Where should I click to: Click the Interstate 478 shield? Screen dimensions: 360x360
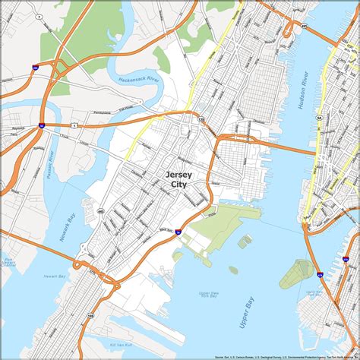321,275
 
